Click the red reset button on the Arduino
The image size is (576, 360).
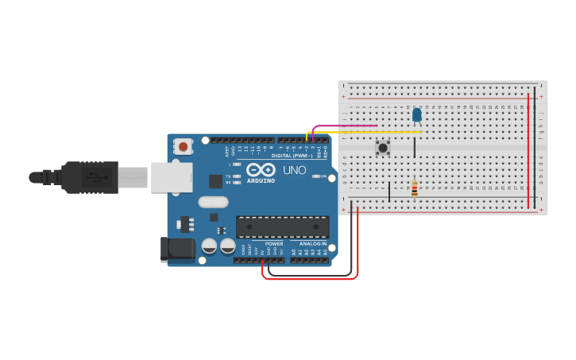tap(184, 146)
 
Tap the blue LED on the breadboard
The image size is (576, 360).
tap(417, 115)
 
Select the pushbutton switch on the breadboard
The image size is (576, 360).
tap(383, 147)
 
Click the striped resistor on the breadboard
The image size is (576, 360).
tap(414, 188)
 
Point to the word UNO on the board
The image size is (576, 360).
tap(295, 169)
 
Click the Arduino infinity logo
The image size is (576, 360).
tap(261, 169)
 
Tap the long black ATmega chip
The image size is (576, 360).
tap(282, 226)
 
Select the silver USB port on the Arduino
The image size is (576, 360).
tap(171, 177)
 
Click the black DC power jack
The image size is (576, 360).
tap(177, 249)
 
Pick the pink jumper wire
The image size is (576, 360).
tap(346, 126)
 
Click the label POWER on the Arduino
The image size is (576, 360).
tap(274, 243)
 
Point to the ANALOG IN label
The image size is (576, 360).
tap(313, 243)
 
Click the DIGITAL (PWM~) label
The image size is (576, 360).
tap(291, 156)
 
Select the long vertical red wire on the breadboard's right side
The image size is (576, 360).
tap(528, 151)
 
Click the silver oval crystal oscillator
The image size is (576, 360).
tap(214, 202)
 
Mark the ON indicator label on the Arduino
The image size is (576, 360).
tap(323, 176)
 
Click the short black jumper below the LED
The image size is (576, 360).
tap(414, 147)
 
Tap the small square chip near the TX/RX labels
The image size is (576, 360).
tap(215, 181)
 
